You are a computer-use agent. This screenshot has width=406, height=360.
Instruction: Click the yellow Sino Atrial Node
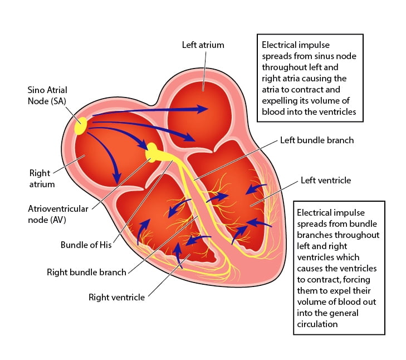[x=81, y=126]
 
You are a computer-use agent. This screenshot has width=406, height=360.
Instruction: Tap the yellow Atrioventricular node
[x=151, y=153]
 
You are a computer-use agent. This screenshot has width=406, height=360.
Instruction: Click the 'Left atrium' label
[x=203, y=45]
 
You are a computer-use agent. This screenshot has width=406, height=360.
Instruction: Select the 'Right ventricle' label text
[x=116, y=297]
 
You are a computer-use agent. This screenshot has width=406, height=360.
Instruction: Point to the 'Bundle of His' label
[x=86, y=245]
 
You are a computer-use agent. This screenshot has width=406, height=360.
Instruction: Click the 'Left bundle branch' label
[x=317, y=140]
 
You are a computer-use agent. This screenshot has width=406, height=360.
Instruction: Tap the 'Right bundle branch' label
[x=86, y=272]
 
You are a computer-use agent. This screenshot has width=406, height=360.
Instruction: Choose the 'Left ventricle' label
[x=326, y=180]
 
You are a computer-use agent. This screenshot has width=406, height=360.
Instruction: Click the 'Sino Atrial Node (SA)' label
[x=47, y=95]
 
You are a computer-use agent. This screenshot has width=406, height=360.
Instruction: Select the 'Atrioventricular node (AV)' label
[x=58, y=215]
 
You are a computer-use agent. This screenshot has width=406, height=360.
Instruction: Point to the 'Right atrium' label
[x=42, y=178]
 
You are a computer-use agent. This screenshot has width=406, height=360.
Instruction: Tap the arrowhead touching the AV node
[x=143, y=145]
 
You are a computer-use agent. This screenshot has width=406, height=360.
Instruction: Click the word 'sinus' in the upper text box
[x=309, y=56]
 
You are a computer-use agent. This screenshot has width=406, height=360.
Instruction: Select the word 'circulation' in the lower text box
[x=317, y=324]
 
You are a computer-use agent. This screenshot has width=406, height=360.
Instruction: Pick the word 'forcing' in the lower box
[x=358, y=280]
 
